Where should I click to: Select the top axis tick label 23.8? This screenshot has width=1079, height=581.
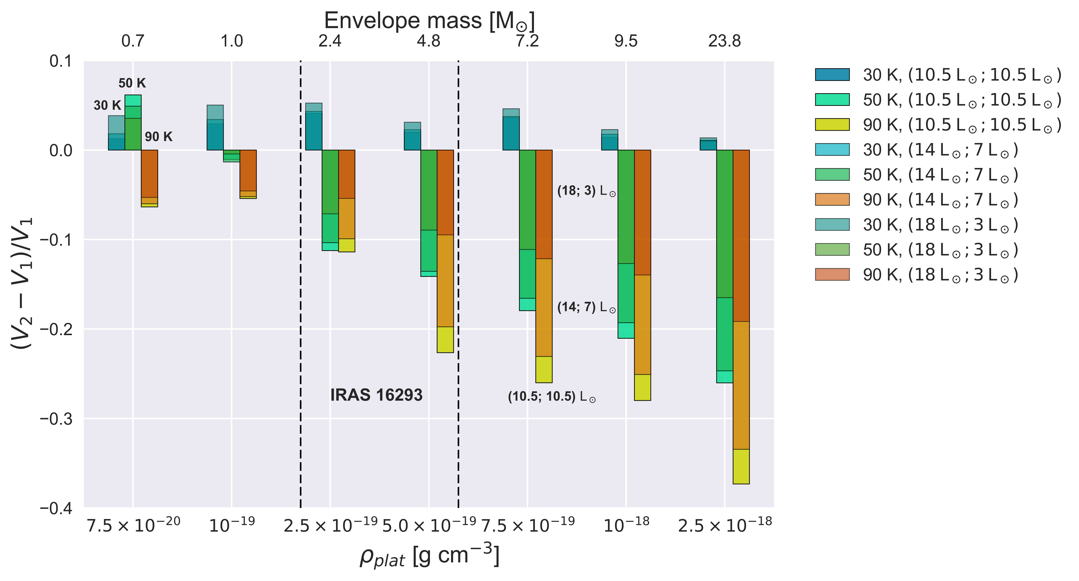click(x=724, y=41)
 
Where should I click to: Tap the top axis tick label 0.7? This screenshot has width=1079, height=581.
click(x=133, y=41)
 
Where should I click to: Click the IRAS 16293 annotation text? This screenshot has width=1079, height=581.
click(x=376, y=395)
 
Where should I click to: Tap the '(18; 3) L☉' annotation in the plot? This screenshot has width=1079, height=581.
click(x=586, y=191)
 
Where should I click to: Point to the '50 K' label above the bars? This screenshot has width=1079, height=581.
click(x=132, y=83)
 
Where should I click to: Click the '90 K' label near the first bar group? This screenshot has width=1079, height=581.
click(x=158, y=137)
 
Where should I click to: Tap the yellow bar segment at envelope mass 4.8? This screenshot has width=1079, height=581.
click(x=445, y=340)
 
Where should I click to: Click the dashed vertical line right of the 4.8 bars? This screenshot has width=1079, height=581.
click(x=458, y=293)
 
